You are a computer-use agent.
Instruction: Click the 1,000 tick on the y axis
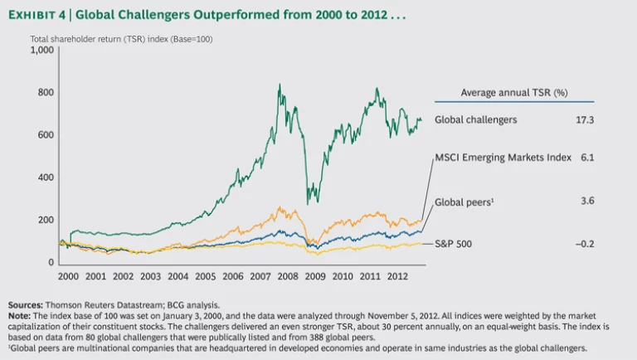point(41,50)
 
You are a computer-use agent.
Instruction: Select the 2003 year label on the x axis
point(151,275)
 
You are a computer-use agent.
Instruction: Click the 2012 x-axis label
point(396,275)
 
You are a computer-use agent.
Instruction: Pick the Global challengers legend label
point(476,120)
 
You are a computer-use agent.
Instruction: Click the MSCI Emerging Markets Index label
point(503,158)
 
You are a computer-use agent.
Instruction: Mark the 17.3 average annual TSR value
point(585,120)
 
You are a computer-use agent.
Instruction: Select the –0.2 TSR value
point(584,244)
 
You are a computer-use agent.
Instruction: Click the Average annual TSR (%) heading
point(515,92)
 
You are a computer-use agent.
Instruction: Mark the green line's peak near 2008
point(279,84)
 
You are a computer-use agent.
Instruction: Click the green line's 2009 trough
point(308,204)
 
